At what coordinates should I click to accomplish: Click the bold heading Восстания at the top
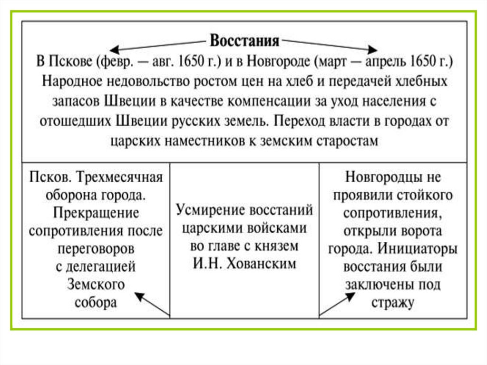click(x=244, y=41)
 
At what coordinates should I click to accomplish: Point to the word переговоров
click(x=96, y=249)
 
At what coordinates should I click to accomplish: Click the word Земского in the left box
click(x=96, y=285)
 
